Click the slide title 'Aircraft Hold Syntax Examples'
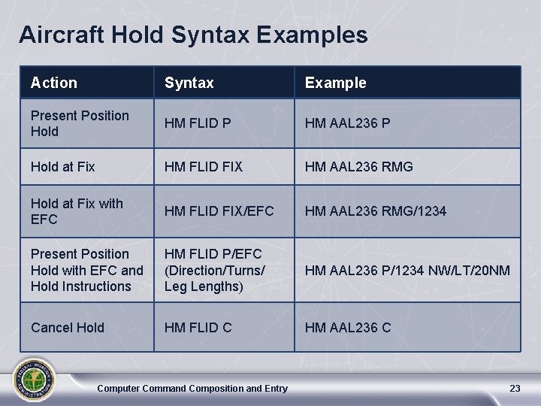tap(194, 35)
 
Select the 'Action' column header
tap(54, 83)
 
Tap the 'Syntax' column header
tap(189, 83)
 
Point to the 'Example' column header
tap(335, 83)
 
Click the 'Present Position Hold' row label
tap(80, 123)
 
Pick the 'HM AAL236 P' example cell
tap(347, 123)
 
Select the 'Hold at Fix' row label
tap(63, 166)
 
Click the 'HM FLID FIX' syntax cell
tap(204, 166)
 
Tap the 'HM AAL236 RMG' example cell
tap(358, 166)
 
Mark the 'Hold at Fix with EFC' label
tap(77, 211)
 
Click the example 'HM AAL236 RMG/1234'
tap(375, 211)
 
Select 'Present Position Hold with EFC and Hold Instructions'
tap(87, 270)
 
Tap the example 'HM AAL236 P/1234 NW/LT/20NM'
tap(407, 270)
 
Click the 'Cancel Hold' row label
tap(68, 327)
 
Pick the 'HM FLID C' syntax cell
tap(198, 327)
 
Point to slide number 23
tap(515, 388)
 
